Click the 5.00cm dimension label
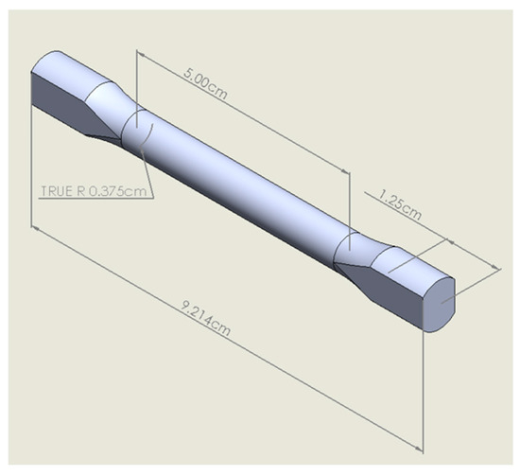pos(205,83)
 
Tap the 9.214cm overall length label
pos(206,318)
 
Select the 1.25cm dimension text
pos(400,204)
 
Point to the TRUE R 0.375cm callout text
pos(94,191)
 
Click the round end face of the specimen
pos(440,305)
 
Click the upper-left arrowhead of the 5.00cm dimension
pos(140,53)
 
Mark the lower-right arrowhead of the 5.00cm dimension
pos(345,170)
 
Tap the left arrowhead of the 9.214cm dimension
pos(35,228)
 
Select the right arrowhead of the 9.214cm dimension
pos(419,449)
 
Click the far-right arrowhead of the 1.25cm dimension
pos(495,267)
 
